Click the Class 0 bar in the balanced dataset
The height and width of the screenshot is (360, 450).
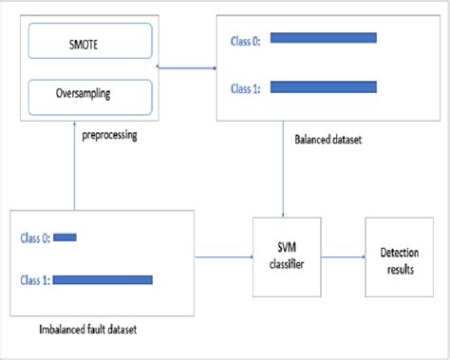(x=323, y=39)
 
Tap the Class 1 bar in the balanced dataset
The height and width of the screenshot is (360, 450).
(x=323, y=87)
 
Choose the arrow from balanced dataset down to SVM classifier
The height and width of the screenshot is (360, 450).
(x=286, y=180)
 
